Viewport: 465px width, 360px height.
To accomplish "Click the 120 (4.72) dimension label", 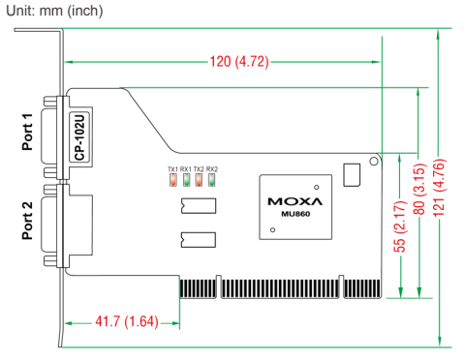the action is pyautogui.click(x=239, y=61).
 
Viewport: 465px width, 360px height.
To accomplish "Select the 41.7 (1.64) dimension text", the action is pyautogui.click(x=127, y=321).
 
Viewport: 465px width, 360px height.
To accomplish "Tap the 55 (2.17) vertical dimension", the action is pyautogui.click(x=399, y=226).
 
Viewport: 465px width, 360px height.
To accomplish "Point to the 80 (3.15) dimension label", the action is pyautogui.click(x=418, y=190).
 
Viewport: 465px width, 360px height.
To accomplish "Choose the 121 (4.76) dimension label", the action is pyautogui.click(x=439, y=188).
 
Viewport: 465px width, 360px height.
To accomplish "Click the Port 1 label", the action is pyautogui.click(x=27, y=132).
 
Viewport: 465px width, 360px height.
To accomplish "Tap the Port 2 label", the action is pyautogui.click(x=27, y=221).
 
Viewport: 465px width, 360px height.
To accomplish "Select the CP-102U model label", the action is pyautogui.click(x=79, y=136).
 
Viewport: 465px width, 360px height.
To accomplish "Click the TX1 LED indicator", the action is pyautogui.click(x=173, y=180).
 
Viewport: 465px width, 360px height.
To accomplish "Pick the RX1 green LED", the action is pyautogui.click(x=186, y=180).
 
